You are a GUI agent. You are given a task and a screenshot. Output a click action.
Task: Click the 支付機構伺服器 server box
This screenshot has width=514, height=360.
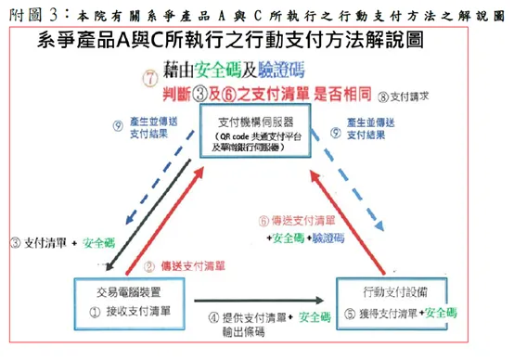point(255,135)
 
